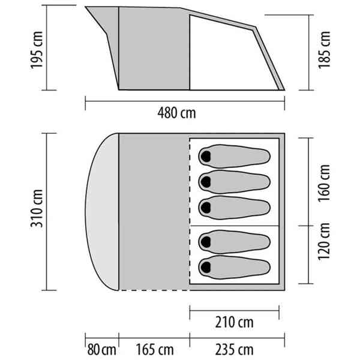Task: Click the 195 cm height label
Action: [x=37, y=50]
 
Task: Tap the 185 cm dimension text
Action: [x=324, y=50]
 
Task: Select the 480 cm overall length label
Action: [x=176, y=113]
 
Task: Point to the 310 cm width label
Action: [x=37, y=208]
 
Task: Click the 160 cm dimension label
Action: [x=324, y=183]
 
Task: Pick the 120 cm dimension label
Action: [x=324, y=241]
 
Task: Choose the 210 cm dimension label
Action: [x=234, y=322]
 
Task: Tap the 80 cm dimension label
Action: [x=101, y=350]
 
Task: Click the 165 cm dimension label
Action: [x=155, y=350]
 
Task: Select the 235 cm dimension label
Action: [x=234, y=350]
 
